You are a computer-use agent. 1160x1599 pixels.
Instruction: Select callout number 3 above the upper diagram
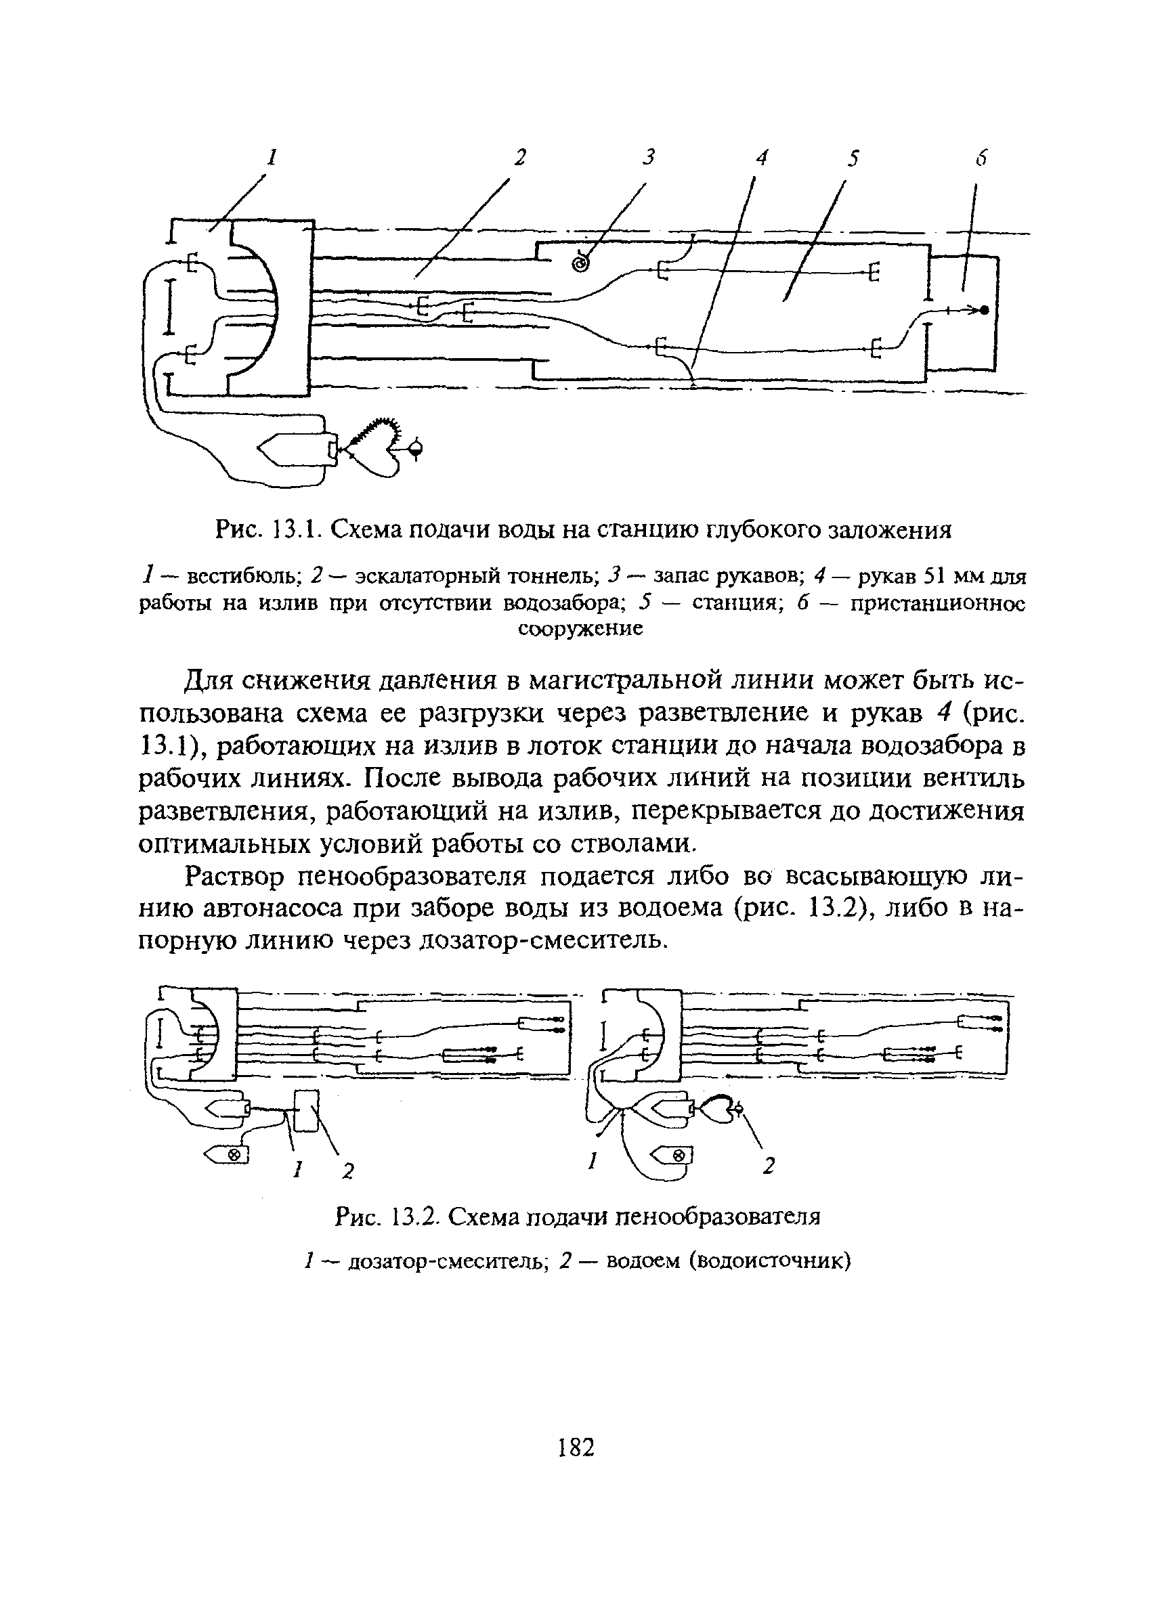[649, 157]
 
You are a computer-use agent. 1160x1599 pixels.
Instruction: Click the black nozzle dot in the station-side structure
[985, 310]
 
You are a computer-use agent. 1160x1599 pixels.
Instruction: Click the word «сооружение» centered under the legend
[580, 628]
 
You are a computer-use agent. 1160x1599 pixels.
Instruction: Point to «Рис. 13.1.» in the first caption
[267, 528]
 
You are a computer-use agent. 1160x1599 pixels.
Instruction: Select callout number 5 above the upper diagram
[854, 158]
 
